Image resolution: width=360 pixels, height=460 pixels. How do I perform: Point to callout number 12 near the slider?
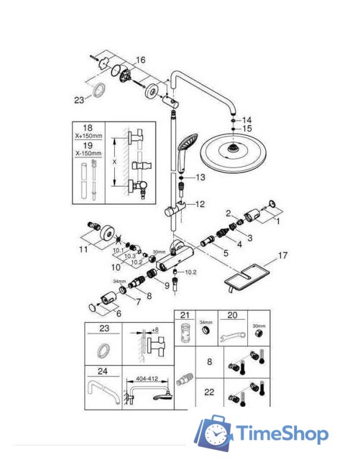tap(200, 204)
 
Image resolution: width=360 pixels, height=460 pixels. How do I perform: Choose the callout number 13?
tap(200, 177)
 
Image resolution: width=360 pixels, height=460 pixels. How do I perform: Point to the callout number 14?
tap(248, 119)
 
